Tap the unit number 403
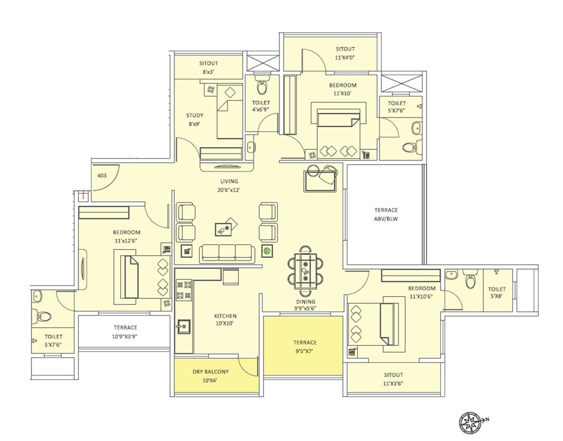click(x=101, y=176)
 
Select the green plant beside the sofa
click(x=267, y=251)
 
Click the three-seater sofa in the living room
click(x=228, y=252)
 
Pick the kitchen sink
click(x=183, y=326)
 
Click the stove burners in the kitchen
click(x=183, y=291)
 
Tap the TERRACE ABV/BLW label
click(x=386, y=214)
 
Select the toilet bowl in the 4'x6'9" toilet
click(x=262, y=87)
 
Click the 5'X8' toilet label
click(x=496, y=293)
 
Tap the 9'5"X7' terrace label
click(x=304, y=346)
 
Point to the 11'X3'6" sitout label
click(x=393, y=379)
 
